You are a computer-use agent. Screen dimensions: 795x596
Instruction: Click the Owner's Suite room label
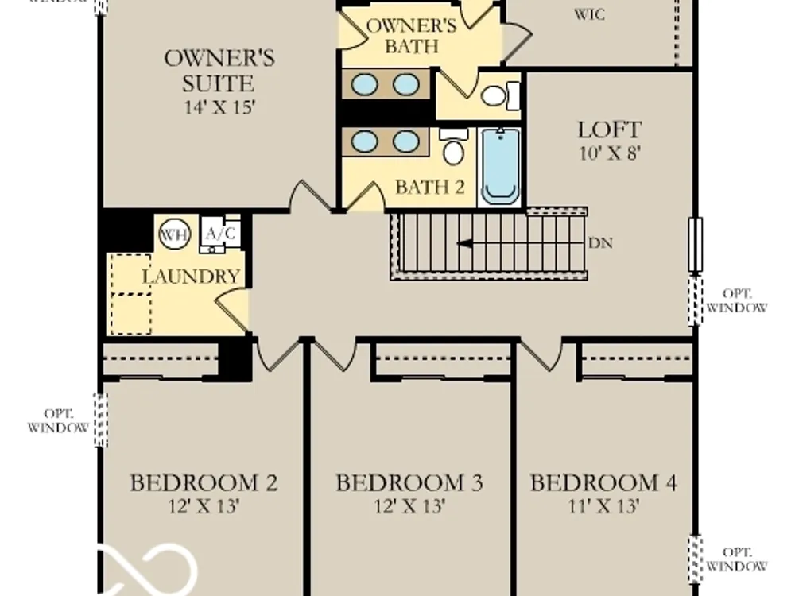(x=219, y=71)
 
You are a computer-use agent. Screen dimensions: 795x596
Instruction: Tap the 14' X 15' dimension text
(x=219, y=107)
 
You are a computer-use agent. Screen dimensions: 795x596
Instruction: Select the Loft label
(x=610, y=130)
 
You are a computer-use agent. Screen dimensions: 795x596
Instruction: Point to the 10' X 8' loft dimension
(x=610, y=153)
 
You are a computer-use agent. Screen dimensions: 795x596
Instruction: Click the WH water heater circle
(x=174, y=235)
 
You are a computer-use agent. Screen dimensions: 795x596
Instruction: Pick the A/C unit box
(x=220, y=234)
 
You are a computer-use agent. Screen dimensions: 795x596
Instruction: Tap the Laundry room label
(x=191, y=277)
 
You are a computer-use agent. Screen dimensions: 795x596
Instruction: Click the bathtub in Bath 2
(x=500, y=166)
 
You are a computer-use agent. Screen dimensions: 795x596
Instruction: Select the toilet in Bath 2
(x=453, y=146)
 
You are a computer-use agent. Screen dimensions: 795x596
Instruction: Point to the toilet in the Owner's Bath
(x=500, y=95)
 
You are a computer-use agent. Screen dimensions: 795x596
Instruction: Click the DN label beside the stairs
(x=600, y=243)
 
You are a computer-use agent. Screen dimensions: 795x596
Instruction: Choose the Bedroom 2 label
(x=204, y=482)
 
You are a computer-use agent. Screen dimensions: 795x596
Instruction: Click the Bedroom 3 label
(x=409, y=482)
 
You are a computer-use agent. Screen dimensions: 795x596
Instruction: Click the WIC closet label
(x=589, y=14)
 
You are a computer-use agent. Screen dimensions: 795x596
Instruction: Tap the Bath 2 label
(x=430, y=187)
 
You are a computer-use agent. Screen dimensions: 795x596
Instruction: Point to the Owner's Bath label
(x=411, y=36)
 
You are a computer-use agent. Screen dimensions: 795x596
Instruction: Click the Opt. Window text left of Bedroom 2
(x=58, y=420)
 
